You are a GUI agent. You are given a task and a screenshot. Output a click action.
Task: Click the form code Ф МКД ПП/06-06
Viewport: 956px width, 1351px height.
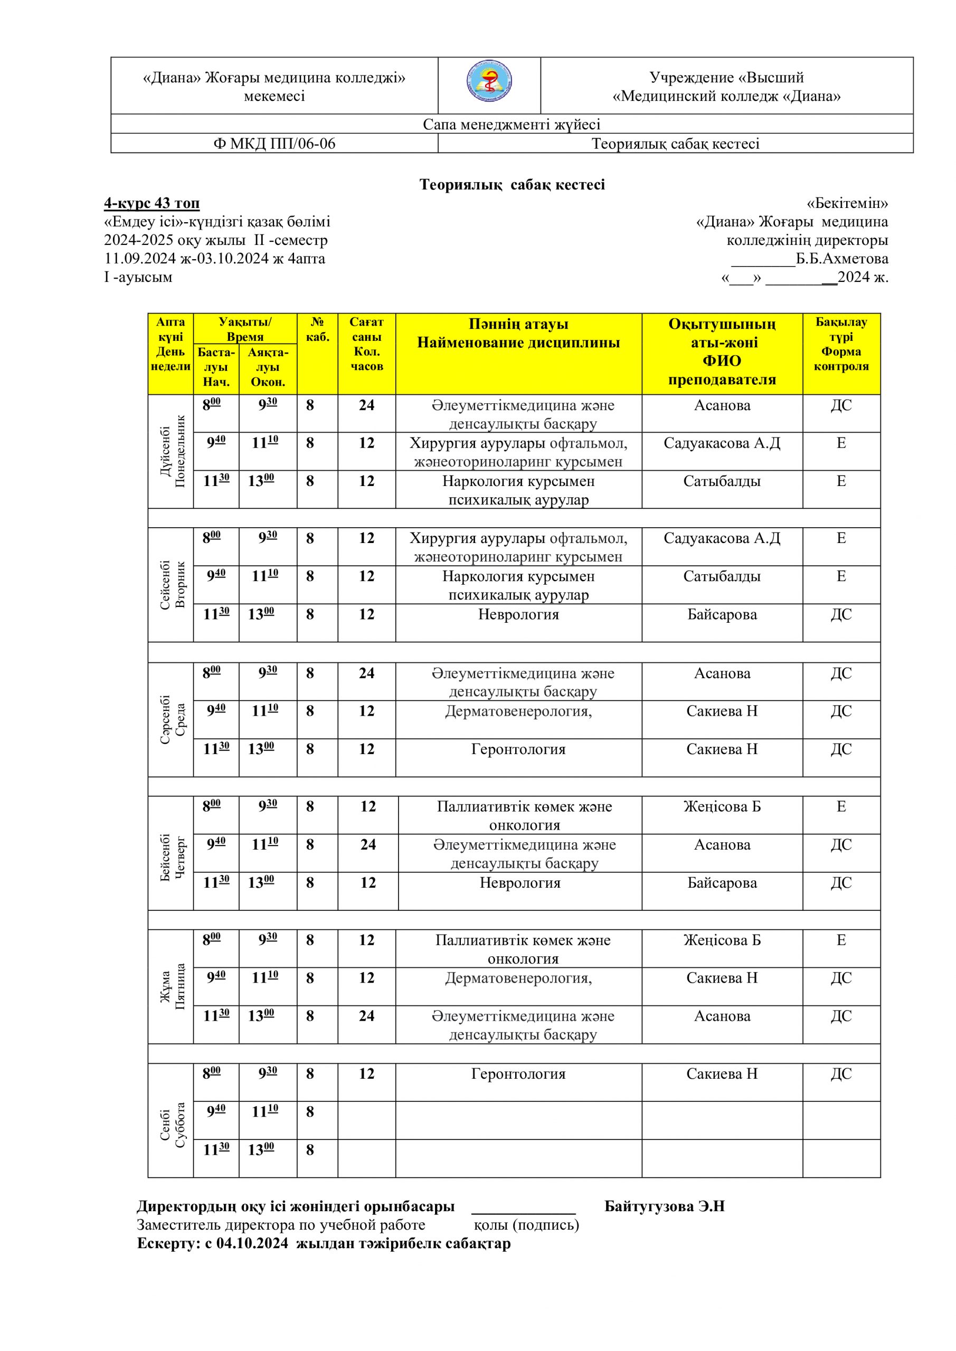pos(274,144)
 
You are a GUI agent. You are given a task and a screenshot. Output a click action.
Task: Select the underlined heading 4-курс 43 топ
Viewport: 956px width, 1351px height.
pos(152,204)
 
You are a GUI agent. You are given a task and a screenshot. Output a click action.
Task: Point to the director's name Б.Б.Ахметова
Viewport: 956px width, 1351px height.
pos(842,259)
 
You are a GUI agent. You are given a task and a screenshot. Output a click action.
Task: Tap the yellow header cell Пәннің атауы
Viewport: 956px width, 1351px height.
pos(518,324)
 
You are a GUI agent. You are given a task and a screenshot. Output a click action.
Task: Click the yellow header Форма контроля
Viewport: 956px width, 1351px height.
pos(841,359)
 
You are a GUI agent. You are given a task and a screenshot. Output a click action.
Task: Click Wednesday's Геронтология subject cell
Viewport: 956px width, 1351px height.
pos(518,749)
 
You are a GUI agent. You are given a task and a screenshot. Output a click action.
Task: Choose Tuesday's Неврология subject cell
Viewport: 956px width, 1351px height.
pos(518,615)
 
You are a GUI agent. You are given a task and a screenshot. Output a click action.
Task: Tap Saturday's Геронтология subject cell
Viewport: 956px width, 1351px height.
pos(518,1074)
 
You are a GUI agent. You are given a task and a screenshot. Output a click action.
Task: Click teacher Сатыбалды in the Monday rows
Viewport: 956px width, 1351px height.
pos(722,481)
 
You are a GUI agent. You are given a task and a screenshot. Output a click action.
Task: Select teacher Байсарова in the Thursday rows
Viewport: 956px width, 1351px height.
pos(722,882)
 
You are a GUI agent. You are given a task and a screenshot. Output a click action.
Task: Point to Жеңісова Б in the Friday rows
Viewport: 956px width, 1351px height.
pos(722,940)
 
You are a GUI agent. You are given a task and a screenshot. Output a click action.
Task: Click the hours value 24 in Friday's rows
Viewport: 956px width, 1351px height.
pos(366,1016)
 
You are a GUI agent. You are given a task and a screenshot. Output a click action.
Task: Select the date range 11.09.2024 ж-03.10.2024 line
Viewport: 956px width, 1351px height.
pos(214,259)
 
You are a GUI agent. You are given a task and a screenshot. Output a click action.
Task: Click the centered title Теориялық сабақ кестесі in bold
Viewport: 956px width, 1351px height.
pos(512,185)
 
